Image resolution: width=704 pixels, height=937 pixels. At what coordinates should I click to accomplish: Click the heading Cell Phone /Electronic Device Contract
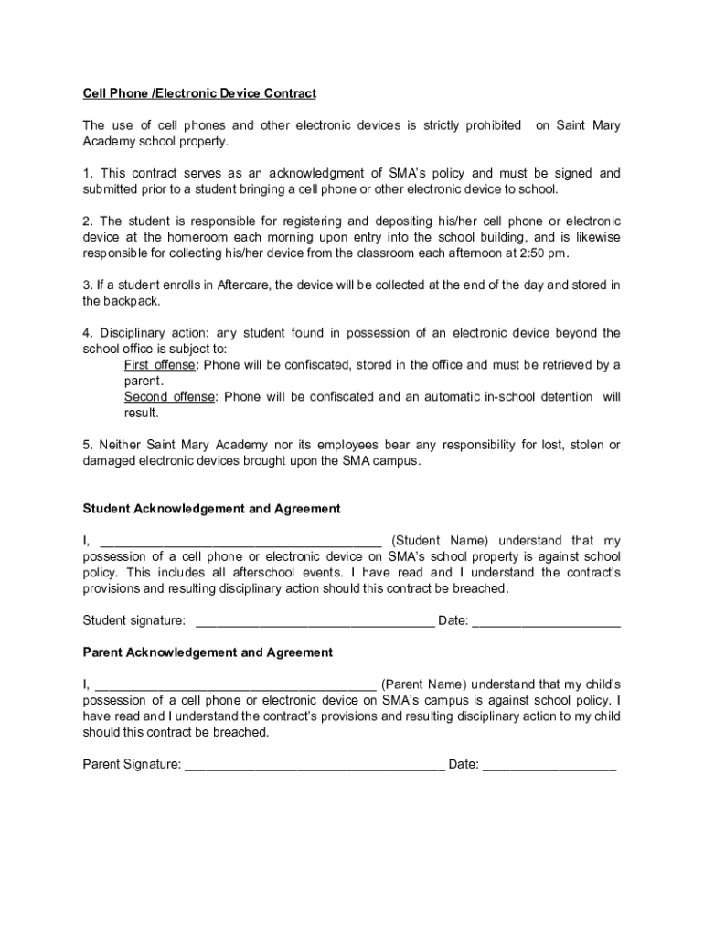[199, 93]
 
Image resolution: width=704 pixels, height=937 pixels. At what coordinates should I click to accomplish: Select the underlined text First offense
[159, 365]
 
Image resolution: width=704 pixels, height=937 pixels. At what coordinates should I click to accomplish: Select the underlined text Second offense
[170, 397]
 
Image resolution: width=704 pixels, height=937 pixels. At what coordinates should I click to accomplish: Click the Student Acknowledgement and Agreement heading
[211, 508]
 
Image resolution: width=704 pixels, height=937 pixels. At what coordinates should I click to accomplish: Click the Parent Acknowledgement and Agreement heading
[208, 652]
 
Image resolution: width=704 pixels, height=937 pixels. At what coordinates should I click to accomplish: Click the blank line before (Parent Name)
[235, 684]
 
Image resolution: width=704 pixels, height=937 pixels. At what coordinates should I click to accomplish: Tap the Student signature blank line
[315, 621]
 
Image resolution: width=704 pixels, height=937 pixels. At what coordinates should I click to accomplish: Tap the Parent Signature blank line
[315, 765]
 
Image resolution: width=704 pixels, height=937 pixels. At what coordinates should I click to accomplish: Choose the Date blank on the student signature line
[547, 621]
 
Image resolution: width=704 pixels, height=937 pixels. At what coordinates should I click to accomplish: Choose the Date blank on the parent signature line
[549, 765]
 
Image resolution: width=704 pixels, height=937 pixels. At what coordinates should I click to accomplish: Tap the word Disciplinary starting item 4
[134, 333]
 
